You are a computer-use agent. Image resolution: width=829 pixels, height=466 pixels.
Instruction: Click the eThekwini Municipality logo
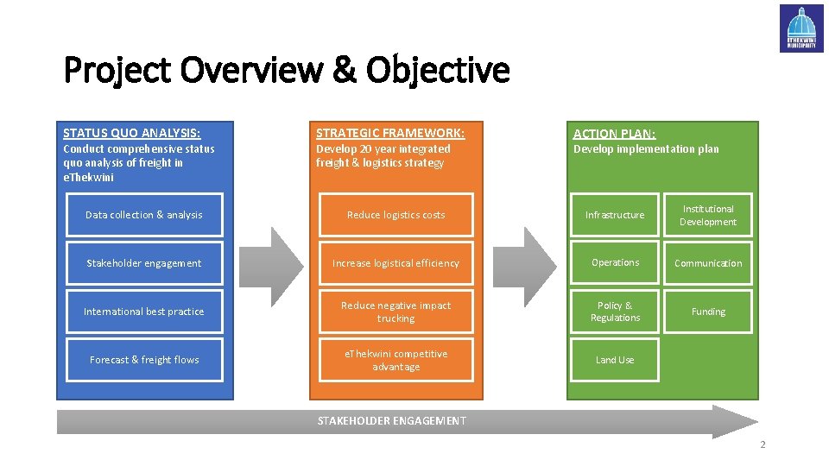(x=801, y=28)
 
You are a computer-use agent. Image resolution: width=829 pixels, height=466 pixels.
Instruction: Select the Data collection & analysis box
(x=144, y=215)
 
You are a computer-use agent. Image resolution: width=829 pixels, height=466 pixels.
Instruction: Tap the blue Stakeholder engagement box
(x=144, y=263)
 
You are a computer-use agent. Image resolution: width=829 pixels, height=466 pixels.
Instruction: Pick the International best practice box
(x=144, y=312)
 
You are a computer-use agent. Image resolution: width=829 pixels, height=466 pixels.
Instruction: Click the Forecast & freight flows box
(x=144, y=360)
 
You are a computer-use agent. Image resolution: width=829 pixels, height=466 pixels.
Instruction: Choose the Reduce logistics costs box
(x=396, y=215)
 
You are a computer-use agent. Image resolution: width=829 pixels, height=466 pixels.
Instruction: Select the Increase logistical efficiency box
(x=396, y=263)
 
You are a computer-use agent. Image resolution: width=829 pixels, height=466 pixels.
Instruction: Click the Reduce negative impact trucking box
(x=396, y=312)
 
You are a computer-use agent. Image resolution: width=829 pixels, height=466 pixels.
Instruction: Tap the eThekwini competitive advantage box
(x=396, y=360)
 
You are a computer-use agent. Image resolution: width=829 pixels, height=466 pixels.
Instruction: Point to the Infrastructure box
(x=615, y=215)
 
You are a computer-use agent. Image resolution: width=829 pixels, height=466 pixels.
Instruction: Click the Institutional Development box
(x=708, y=215)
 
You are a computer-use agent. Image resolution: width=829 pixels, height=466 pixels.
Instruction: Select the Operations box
(x=615, y=263)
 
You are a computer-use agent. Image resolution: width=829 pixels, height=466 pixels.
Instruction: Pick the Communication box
(x=708, y=263)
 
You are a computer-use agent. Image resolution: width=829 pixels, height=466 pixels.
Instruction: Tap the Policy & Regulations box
(x=615, y=312)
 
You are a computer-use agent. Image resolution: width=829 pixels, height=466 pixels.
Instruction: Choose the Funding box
(x=708, y=312)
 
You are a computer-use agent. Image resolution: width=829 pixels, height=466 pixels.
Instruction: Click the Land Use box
(x=615, y=360)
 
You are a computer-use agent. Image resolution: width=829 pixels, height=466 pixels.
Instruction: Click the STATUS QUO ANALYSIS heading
(x=132, y=133)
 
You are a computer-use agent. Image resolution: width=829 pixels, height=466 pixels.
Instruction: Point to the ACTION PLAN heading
(x=614, y=134)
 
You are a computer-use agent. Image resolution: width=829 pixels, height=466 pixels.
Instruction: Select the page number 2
(x=763, y=445)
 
